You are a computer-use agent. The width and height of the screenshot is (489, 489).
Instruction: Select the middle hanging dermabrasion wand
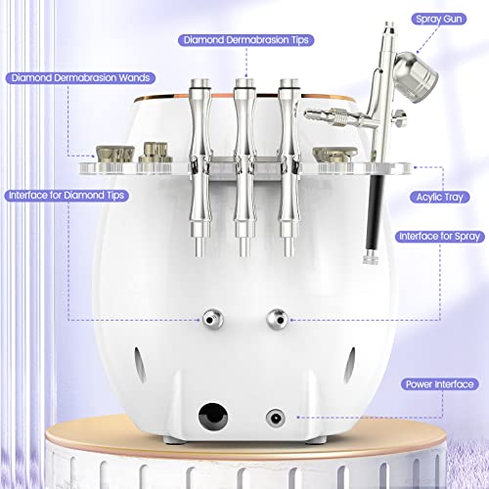coord(243,166)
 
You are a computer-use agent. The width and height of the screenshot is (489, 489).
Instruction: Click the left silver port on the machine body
coord(209,318)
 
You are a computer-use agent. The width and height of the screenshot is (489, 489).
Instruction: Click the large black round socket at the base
coord(210,415)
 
